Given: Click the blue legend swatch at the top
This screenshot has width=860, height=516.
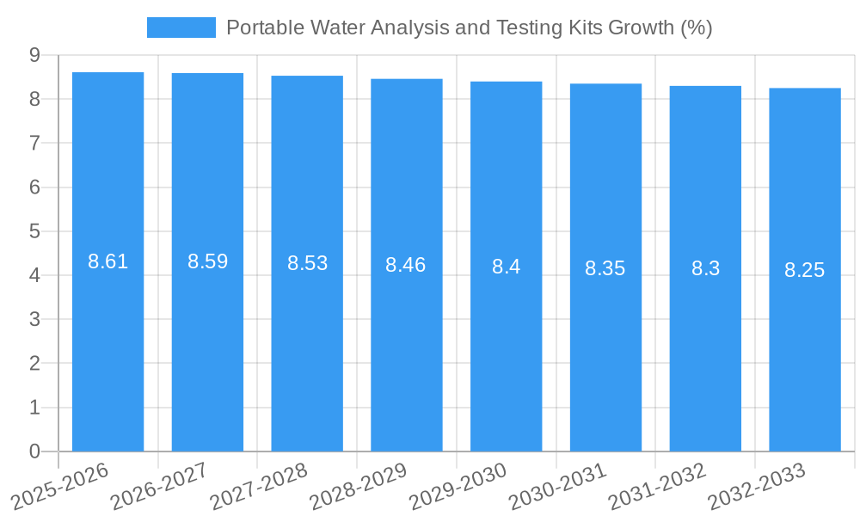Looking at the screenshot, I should [x=181, y=28].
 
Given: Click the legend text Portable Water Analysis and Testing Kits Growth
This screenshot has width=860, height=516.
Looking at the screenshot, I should [x=469, y=28].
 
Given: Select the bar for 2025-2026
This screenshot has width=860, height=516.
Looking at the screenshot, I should [x=107, y=344].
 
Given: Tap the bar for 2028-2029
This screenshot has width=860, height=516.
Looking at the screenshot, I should [x=407, y=344].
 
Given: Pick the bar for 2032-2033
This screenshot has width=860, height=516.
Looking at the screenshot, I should [x=805, y=344].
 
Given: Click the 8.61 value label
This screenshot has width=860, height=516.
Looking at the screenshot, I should [x=107, y=261].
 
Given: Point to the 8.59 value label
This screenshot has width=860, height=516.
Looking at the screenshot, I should [x=207, y=261].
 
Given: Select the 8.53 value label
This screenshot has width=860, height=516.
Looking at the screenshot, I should [x=307, y=263].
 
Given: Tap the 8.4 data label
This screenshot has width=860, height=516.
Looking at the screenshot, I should [x=506, y=267].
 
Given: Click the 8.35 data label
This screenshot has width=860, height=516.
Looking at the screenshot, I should [x=605, y=268].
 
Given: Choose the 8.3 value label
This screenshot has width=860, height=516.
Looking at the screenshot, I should [x=705, y=268].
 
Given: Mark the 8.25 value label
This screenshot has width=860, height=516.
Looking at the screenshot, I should [x=805, y=270].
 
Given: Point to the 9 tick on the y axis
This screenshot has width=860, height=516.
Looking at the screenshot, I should [x=34, y=55].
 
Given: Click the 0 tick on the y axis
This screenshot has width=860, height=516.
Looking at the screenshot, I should [x=34, y=451].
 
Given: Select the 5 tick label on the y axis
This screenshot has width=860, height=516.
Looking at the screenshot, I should [x=34, y=231].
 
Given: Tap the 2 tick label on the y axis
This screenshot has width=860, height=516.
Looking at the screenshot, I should [x=34, y=364].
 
